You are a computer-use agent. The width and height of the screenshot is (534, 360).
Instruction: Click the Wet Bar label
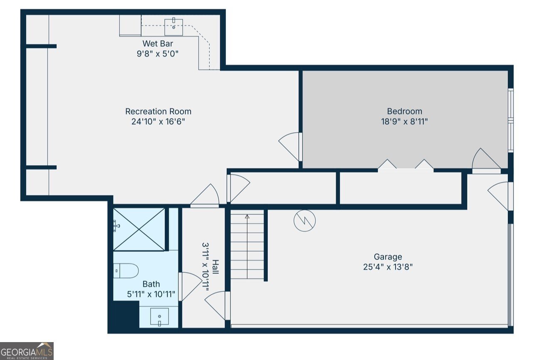(158, 44)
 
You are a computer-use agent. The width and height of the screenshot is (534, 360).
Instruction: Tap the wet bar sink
(173, 27)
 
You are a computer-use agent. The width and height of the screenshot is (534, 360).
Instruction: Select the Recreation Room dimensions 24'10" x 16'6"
(158, 122)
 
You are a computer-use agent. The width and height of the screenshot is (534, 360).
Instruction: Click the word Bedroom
(404, 112)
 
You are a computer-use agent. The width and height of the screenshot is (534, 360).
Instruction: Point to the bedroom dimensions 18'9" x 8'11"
(404, 122)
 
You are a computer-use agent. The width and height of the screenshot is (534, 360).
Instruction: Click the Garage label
(388, 257)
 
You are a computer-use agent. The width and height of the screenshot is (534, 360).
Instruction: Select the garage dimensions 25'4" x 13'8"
(388, 267)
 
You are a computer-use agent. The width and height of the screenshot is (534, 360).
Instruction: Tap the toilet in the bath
(126, 271)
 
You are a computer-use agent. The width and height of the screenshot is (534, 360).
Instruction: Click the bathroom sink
(159, 317)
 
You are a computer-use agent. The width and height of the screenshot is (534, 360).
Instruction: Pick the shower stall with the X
(139, 229)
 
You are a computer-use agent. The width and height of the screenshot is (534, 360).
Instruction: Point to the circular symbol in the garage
(305, 221)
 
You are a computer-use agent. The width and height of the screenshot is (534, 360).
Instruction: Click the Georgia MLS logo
(27, 351)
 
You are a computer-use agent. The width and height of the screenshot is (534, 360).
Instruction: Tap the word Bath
(151, 284)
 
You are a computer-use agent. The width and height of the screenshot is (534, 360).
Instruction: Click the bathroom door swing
(190, 286)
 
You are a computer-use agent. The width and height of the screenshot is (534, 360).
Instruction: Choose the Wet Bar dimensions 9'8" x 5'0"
(158, 54)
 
